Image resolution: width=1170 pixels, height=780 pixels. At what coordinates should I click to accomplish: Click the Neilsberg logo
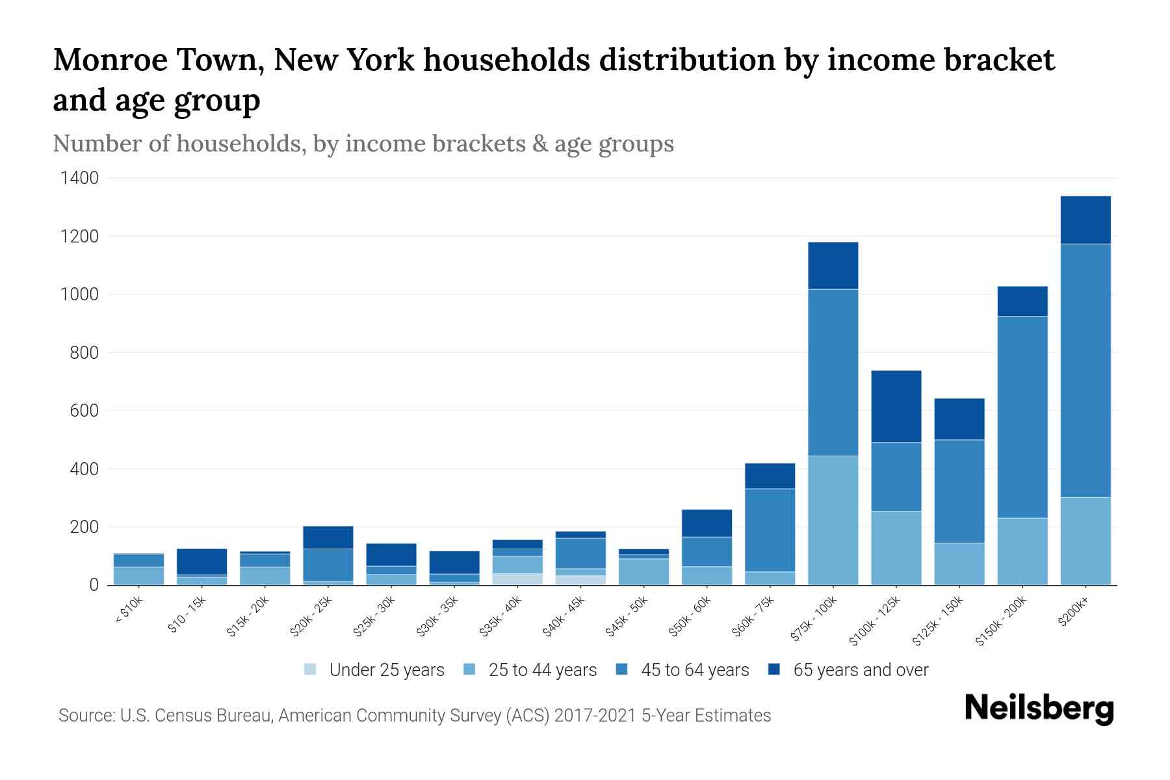coord(1039,708)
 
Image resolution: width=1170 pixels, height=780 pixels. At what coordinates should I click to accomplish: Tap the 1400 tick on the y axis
coord(79,178)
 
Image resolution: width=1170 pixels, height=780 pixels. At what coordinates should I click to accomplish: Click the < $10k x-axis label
coord(129,611)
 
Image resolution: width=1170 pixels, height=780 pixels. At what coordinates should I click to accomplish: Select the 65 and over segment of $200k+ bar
coord(1085,220)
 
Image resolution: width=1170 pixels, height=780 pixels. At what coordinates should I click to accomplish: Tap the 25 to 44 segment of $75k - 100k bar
coord(833,520)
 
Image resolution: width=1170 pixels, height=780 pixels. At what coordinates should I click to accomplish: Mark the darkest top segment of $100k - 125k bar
coord(896,406)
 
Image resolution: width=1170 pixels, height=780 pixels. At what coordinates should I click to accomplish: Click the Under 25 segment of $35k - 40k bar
coord(517,578)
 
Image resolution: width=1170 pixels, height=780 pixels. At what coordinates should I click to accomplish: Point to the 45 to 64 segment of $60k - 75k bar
coord(770,530)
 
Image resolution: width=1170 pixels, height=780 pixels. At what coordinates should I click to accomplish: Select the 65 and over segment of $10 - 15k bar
coord(201,562)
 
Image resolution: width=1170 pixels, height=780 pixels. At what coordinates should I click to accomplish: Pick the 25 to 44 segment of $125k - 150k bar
coord(959,564)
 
